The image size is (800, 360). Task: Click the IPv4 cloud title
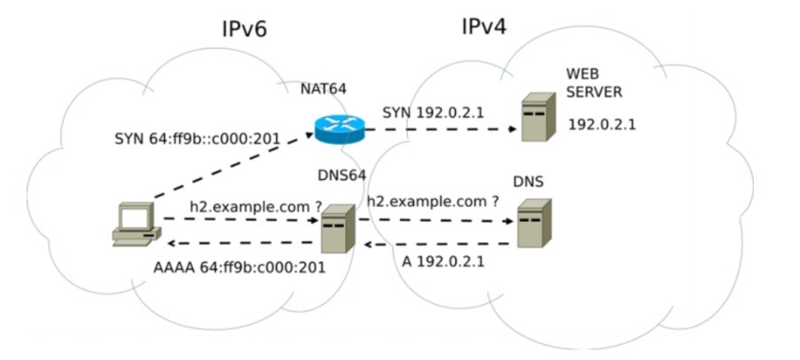pyautogui.click(x=483, y=27)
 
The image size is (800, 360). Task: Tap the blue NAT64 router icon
pyautogui.click(x=339, y=130)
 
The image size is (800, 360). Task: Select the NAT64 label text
pyautogui.click(x=323, y=89)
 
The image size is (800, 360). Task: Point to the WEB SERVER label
pyautogui.click(x=594, y=82)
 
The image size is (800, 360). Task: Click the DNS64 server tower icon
pyautogui.click(x=336, y=228)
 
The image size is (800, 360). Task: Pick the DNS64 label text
pyautogui.click(x=341, y=176)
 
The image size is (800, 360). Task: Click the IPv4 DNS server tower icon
pyautogui.click(x=534, y=223)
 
